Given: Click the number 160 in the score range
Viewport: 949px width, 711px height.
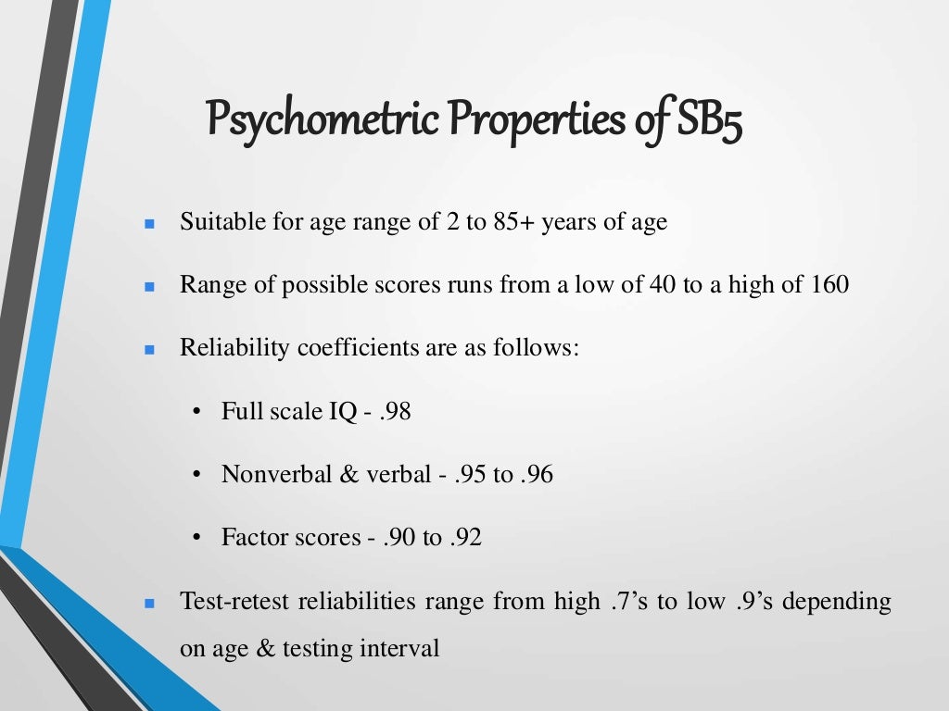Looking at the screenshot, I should point(829,285).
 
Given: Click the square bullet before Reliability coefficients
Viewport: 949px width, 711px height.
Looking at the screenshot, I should point(148,351).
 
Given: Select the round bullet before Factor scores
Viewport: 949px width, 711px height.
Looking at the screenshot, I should point(198,538).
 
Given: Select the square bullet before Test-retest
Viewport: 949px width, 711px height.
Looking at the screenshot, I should point(148,604).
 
